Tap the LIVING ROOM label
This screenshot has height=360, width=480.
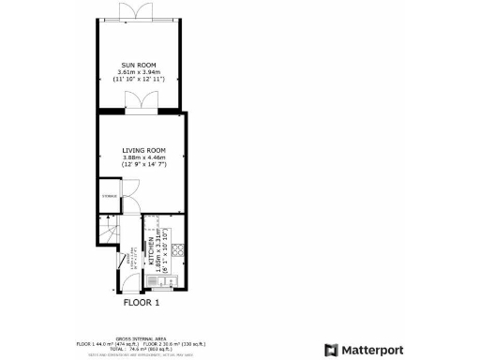tap(143, 150)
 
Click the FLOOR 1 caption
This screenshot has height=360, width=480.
tap(142, 303)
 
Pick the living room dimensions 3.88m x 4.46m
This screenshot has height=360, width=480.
tap(143, 157)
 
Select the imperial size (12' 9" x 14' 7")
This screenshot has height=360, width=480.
tap(143, 165)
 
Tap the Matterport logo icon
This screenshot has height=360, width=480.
tap(330, 350)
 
